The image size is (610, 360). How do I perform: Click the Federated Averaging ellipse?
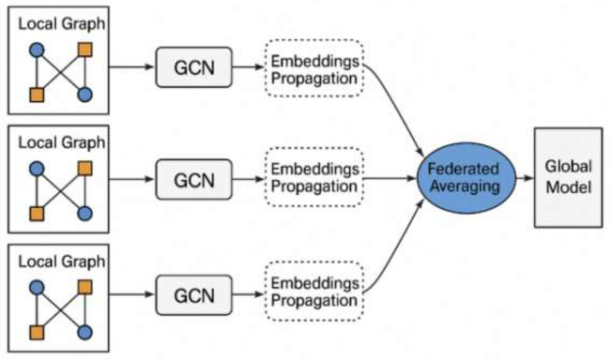(x=466, y=178)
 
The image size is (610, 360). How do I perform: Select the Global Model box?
(x=569, y=177)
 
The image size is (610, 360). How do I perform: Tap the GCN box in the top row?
(x=194, y=67)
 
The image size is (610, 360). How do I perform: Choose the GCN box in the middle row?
(x=194, y=179)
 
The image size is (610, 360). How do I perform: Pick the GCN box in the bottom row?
(x=194, y=295)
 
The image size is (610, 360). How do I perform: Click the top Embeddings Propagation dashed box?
(x=315, y=68)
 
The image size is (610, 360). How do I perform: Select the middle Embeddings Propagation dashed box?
(x=315, y=177)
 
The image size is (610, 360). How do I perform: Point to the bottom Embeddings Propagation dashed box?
(x=315, y=291)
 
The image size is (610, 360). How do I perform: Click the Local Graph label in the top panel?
(x=61, y=24)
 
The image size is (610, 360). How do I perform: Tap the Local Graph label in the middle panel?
(x=61, y=143)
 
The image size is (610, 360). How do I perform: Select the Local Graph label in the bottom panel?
(x=61, y=262)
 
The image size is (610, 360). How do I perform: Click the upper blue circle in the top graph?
(x=37, y=50)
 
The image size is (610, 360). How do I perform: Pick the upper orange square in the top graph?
(x=85, y=50)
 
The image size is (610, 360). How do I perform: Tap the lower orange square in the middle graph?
(x=37, y=214)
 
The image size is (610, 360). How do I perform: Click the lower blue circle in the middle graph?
(x=85, y=214)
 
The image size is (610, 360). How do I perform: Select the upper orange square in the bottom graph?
(x=85, y=287)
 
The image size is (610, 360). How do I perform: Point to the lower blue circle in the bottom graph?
(x=85, y=332)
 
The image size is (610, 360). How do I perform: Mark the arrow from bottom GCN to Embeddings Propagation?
(x=248, y=294)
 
